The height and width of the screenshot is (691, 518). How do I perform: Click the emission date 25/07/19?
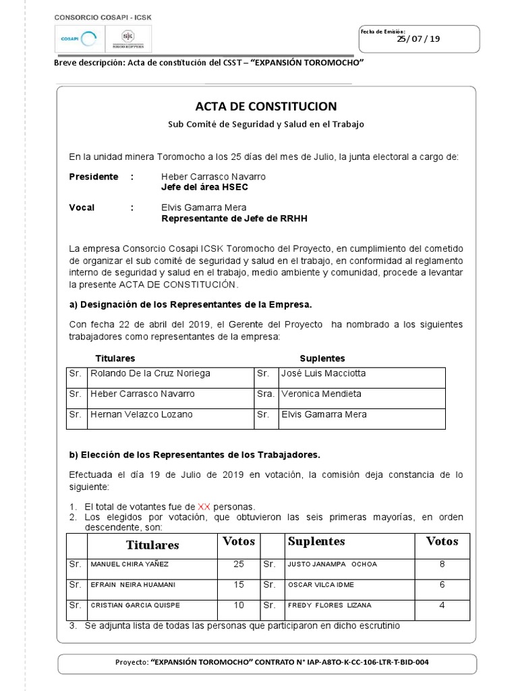click(418, 39)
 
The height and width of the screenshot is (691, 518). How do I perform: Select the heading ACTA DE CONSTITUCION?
click(266, 107)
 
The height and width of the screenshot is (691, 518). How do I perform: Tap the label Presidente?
click(94, 177)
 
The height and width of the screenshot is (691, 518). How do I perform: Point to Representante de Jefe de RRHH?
click(229, 219)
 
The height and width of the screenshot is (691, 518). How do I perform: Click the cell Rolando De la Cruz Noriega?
click(150, 374)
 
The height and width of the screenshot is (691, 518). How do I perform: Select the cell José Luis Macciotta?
click(324, 374)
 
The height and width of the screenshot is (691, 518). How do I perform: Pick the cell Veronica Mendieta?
click(321, 394)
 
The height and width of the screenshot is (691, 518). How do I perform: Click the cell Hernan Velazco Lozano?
click(142, 414)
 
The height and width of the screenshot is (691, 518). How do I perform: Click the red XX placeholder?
click(204, 506)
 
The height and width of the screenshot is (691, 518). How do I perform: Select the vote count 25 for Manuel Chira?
click(239, 564)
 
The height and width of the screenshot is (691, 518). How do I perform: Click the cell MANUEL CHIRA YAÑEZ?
click(129, 564)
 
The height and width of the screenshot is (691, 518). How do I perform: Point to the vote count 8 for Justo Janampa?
click(442, 564)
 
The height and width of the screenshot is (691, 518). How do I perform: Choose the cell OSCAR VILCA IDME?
click(320, 585)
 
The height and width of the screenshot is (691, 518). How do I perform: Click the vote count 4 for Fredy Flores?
click(442, 605)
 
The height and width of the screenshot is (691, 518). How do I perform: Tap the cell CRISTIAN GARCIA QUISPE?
click(134, 605)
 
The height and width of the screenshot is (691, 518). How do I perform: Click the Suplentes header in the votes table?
click(316, 542)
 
